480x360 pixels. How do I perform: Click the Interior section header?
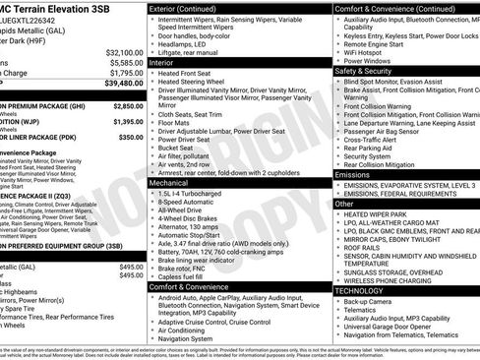coord(162,62)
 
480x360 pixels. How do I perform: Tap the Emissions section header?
coord(352,173)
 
